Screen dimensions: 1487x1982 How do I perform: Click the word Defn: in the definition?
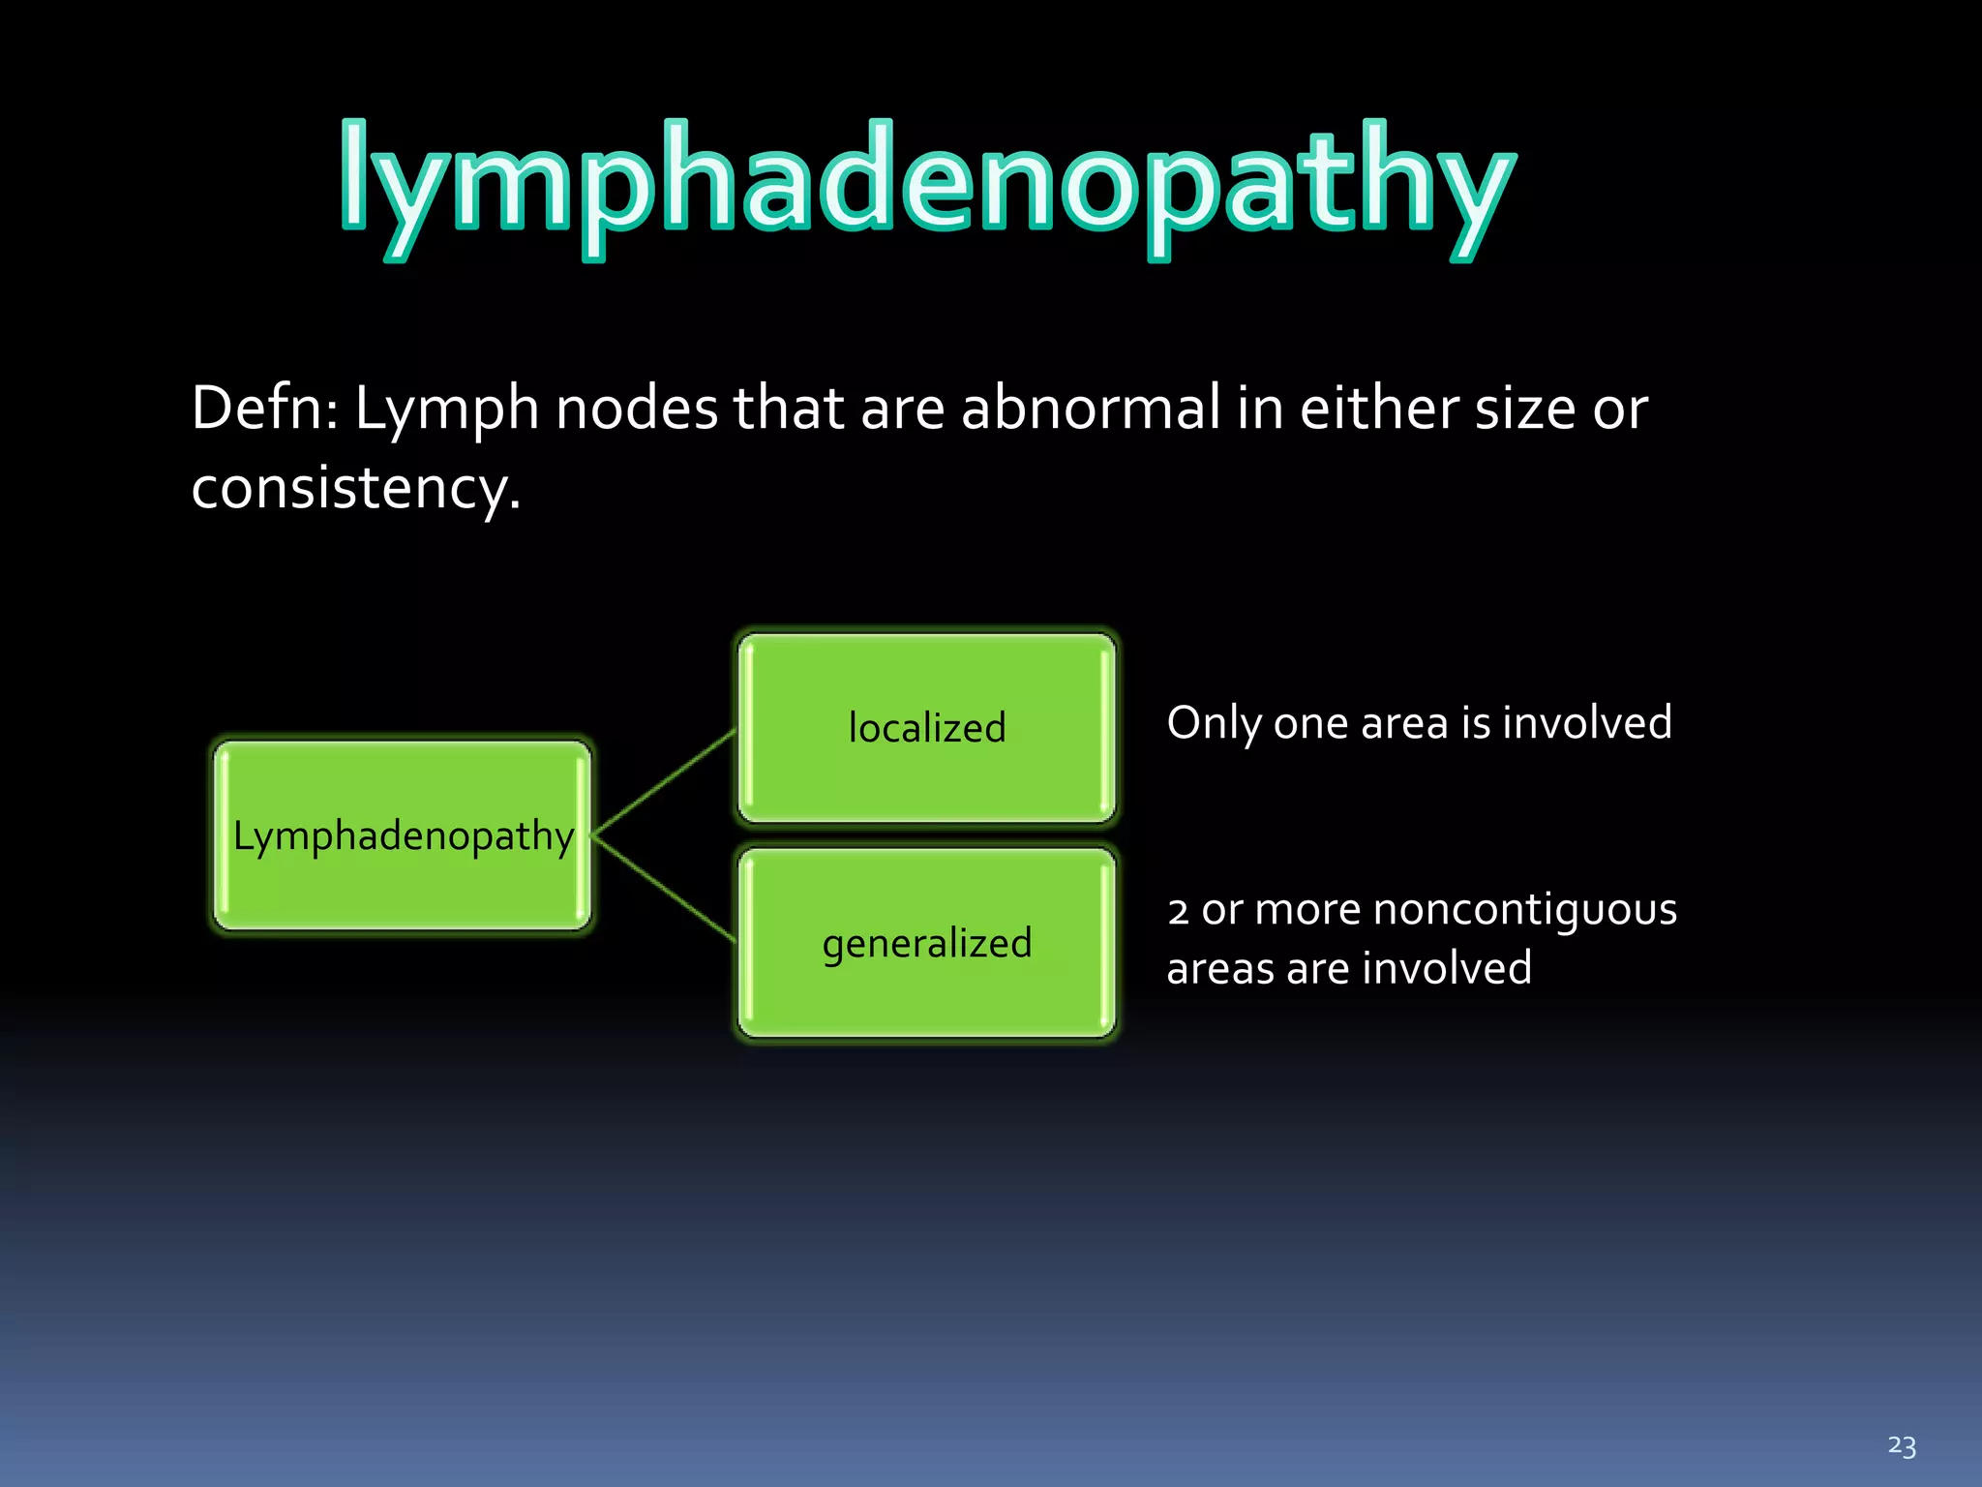pos(263,409)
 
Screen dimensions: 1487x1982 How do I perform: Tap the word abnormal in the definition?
pos(1090,409)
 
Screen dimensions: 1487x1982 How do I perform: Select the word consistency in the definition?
pos(348,488)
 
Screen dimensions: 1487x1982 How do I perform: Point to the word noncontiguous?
pos(1524,910)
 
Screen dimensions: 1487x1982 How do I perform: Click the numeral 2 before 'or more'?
pos(1178,912)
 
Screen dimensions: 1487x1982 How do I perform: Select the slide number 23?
pos(1901,1446)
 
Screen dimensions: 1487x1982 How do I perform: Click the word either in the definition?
pos(1378,409)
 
